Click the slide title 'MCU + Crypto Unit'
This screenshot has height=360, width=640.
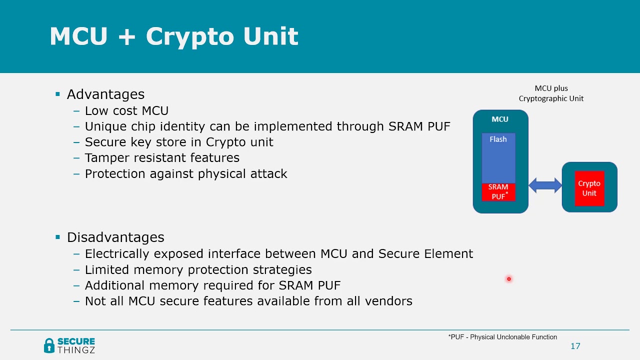click(x=173, y=36)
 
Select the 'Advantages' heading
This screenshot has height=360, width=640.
click(x=105, y=94)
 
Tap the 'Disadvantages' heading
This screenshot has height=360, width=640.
click(x=115, y=237)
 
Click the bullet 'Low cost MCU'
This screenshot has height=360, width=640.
click(x=126, y=111)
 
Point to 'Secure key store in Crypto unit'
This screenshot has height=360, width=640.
click(x=179, y=142)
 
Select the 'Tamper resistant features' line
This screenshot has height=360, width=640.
click(x=162, y=158)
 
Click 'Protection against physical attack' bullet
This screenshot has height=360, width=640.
click(x=186, y=174)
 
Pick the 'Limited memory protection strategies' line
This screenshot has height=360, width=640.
click(x=198, y=270)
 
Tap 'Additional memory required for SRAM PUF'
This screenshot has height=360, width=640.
click(x=212, y=285)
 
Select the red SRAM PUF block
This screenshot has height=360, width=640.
click(x=498, y=192)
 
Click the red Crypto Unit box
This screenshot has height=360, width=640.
click(x=589, y=188)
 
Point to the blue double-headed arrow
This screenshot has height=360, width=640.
click(x=545, y=186)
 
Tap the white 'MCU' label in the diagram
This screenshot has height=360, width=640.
click(x=499, y=119)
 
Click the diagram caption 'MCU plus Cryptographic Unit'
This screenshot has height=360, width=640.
click(x=551, y=93)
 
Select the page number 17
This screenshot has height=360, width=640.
click(x=575, y=346)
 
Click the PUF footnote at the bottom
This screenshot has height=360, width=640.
click(x=502, y=337)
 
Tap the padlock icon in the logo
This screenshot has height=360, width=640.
click(x=49, y=345)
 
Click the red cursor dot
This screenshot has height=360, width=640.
click(x=508, y=279)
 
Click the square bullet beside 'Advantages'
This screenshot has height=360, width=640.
click(x=57, y=94)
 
